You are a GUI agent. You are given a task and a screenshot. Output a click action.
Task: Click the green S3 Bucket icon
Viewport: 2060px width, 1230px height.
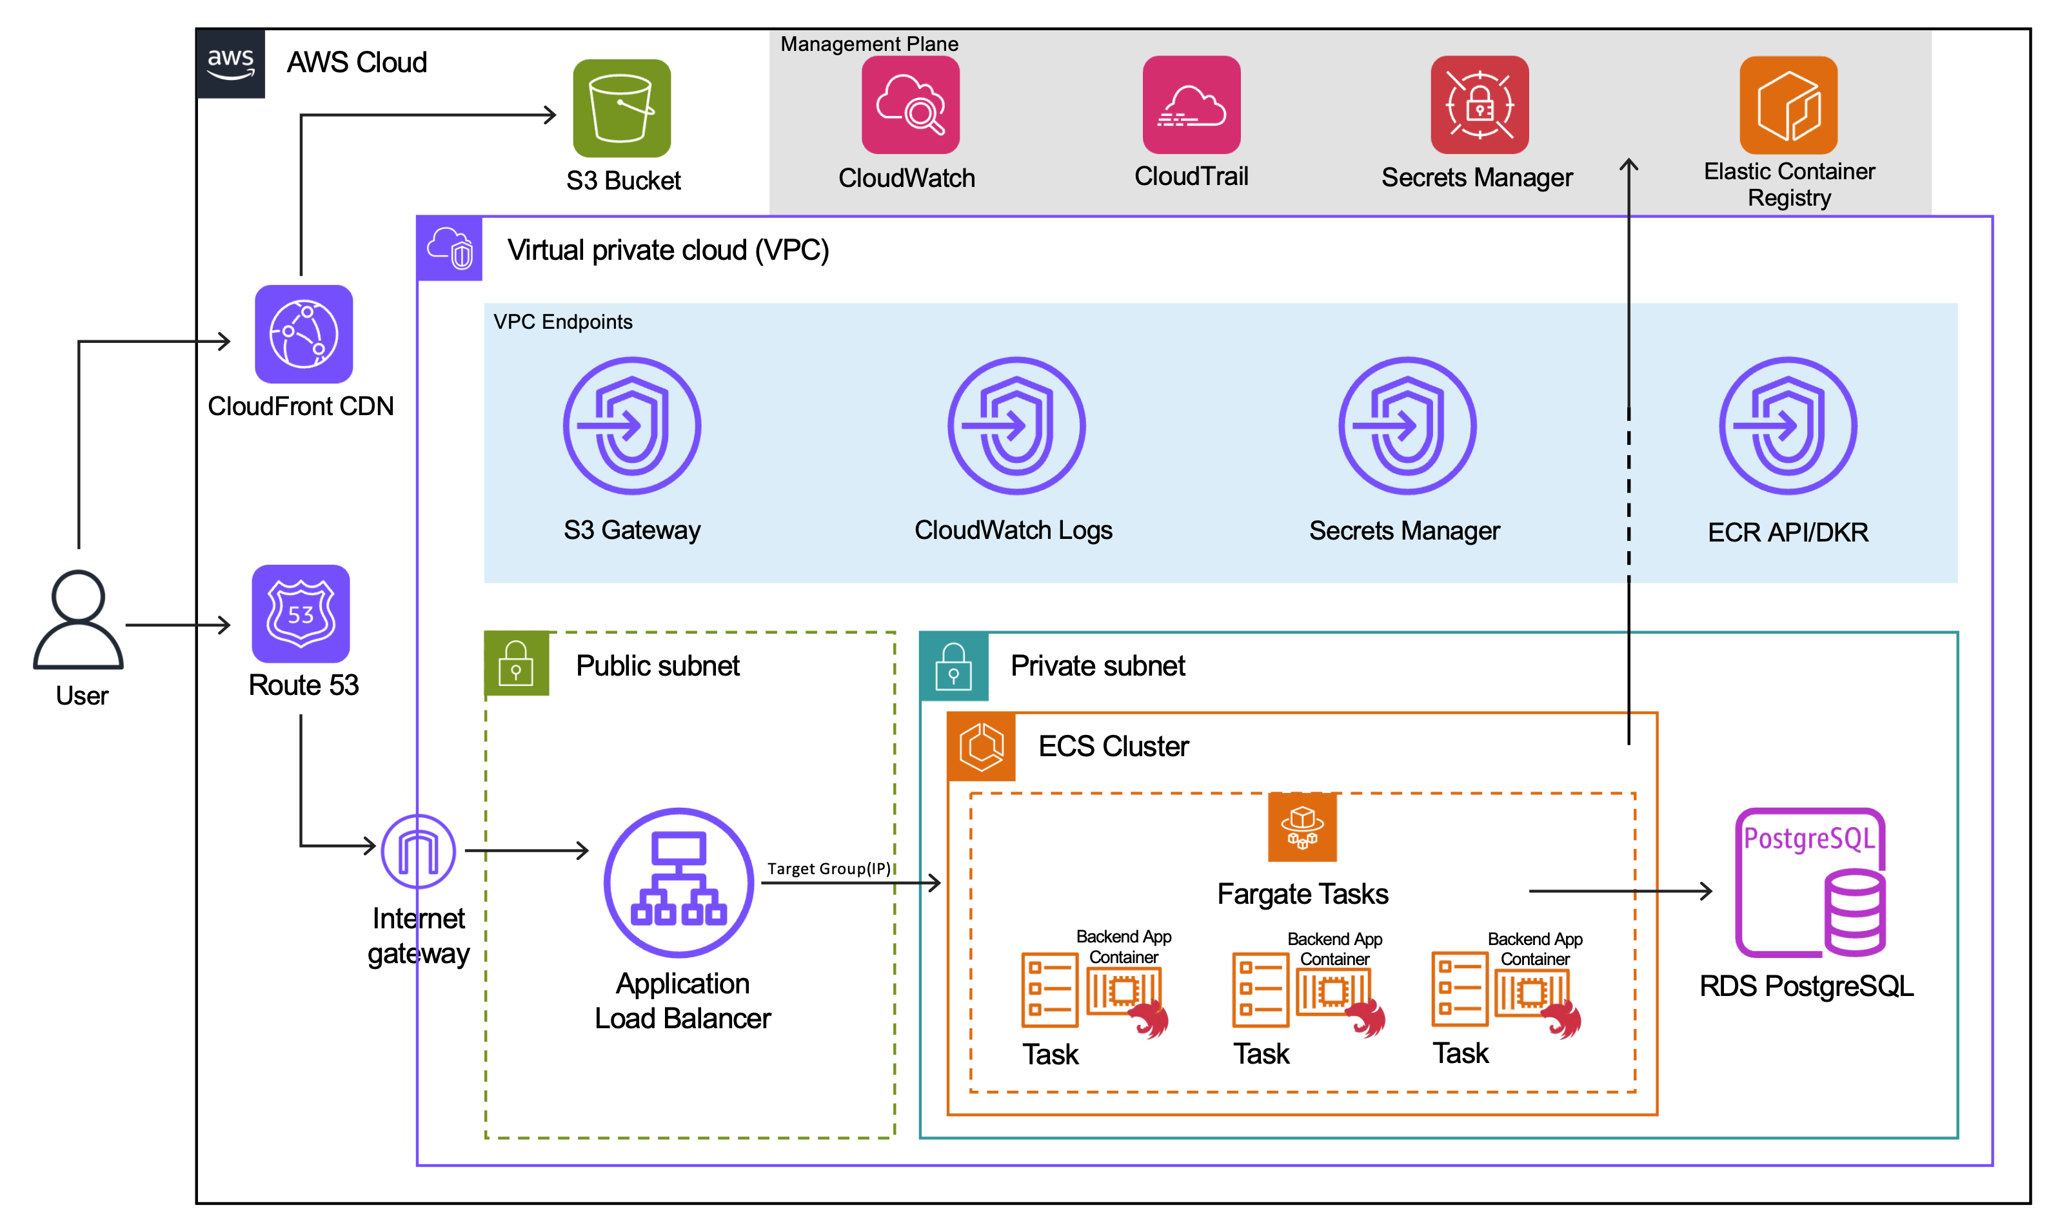(x=622, y=108)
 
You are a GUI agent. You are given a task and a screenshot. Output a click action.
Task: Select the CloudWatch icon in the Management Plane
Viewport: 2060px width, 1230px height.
(x=910, y=105)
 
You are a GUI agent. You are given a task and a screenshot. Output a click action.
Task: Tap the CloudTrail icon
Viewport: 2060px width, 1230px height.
(x=1191, y=105)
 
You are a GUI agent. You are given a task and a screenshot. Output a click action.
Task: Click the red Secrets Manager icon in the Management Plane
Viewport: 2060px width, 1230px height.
(x=1480, y=105)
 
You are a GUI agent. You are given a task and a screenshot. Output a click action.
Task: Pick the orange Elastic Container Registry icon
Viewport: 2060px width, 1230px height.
(x=1788, y=105)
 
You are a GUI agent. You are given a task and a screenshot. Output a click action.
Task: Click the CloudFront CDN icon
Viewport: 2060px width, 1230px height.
(x=303, y=334)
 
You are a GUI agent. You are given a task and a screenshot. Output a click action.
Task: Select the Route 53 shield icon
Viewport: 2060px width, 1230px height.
(x=301, y=613)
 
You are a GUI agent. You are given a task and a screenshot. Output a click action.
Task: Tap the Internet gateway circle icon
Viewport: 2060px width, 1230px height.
(x=419, y=851)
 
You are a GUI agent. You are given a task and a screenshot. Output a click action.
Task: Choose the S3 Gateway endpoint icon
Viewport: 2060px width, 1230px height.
(x=631, y=426)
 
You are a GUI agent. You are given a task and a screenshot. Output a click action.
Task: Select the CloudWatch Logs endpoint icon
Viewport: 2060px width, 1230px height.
(x=1016, y=426)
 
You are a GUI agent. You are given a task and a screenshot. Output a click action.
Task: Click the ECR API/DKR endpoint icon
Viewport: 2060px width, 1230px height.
(x=1788, y=426)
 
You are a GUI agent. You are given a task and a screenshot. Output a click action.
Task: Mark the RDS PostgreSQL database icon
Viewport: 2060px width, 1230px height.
(x=1810, y=884)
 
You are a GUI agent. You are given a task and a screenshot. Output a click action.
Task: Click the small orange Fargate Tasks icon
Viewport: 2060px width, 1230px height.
(x=1302, y=827)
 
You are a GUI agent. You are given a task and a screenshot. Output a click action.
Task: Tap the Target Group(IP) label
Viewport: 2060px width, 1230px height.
(x=828, y=868)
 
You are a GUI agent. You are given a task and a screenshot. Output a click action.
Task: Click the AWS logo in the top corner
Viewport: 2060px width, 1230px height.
(x=230, y=64)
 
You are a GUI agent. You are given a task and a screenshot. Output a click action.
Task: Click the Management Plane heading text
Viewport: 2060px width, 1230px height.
(x=869, y=44)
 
